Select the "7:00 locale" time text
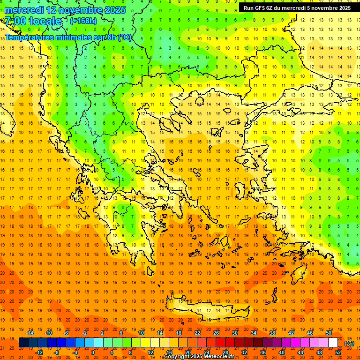point(33,21)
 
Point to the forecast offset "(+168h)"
point(83,21)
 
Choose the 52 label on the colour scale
point(338,352)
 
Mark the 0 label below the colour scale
point(92,352)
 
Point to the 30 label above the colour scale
point(235,333)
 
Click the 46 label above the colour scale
point(310,333)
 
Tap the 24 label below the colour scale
point(207,352)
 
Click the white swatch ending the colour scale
point(333,343)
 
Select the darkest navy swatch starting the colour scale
point(23,343)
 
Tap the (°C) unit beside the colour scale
point(349,343)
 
